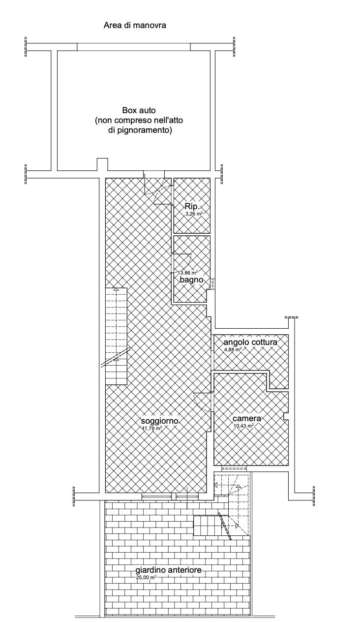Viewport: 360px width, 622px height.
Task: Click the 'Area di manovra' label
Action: coord(135,26)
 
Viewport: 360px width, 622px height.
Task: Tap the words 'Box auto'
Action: coord(139,110)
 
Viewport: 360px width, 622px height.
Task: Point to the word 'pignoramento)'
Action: coord(148,130)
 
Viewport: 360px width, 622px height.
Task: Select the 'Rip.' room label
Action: coord(192,206)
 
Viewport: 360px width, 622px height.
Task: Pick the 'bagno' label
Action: coord(191,280)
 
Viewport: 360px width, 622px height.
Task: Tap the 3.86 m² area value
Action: coord(189,273)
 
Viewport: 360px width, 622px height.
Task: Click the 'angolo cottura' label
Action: coord(250,342)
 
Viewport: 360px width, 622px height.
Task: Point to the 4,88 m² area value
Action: coord(233,349)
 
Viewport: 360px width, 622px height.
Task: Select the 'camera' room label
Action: coord(247,418)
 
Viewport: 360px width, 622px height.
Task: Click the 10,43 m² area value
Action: coord(244,425)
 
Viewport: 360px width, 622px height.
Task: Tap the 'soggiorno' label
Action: coord(159,421)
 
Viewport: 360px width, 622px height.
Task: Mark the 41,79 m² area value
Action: coord(151,428)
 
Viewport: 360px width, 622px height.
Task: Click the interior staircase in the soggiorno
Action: coord(116,336)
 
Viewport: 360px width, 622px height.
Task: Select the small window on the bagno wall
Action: coord(213,284)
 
